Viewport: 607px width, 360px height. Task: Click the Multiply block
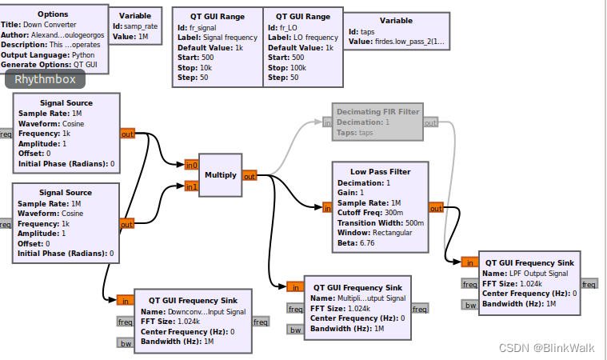point(220,175)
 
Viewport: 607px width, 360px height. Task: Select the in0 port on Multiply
point(190,165)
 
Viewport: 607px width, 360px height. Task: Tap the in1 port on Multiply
point(190,186)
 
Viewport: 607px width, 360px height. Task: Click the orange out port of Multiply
point(250,176)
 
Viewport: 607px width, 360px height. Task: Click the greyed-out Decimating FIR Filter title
point(377,112)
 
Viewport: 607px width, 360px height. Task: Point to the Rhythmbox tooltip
point(45,78)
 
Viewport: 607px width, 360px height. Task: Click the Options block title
point(53,14)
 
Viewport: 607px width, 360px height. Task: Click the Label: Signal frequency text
point(218,38)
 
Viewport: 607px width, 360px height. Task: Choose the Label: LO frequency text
point(302,38)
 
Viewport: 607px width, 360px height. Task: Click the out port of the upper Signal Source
point(127,134)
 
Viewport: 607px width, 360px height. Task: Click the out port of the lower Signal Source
point(127,224)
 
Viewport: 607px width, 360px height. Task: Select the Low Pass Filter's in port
point(327,209)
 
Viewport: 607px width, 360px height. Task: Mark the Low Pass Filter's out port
point(436,208)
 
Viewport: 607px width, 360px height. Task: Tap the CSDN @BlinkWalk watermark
point(553,348)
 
